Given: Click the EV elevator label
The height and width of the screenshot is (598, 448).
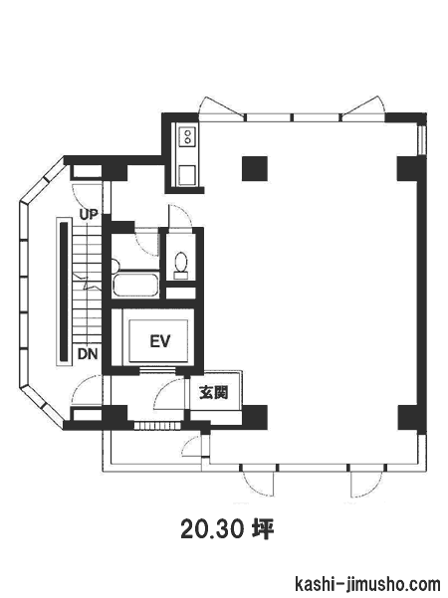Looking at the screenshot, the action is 160,341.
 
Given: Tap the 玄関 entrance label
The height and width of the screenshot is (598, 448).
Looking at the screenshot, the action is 214,392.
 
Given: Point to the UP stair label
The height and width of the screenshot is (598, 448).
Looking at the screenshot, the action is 89,214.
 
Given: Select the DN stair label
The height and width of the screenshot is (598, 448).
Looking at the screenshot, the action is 88,354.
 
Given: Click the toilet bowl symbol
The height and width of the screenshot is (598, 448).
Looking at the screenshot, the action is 181,265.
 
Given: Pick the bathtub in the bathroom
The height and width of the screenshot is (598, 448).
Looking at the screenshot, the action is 135,285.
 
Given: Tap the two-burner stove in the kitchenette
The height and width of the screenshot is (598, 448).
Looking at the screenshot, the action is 188,136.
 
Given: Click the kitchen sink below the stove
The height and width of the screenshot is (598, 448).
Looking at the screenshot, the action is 187,175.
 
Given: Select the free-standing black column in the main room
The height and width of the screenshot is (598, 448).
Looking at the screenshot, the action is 255,168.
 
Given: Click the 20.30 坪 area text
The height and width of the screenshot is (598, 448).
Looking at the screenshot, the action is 228,529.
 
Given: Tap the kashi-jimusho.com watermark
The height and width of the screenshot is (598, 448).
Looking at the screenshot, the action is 367,584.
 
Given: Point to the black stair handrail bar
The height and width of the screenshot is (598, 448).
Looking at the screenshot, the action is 64,292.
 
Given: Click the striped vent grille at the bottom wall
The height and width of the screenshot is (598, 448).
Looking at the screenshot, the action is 157,426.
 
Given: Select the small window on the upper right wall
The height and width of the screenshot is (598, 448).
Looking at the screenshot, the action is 422,140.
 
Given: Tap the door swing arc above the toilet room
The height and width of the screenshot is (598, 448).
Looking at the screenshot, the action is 180,217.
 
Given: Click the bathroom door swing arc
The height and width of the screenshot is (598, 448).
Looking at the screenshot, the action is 147,244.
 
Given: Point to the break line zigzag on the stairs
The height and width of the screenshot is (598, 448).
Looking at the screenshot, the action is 88,281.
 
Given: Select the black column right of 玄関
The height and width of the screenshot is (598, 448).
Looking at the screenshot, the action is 255,417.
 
